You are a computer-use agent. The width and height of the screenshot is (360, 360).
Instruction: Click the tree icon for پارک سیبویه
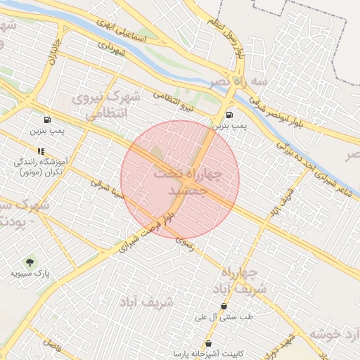coord(29,262)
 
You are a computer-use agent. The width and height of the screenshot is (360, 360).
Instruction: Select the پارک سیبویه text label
coord(29,272)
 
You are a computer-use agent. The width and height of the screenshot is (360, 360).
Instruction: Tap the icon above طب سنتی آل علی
coord(224,307)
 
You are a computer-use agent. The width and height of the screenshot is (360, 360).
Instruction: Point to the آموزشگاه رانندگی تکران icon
coord(41,151)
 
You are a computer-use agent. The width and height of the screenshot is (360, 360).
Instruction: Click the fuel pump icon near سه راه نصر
coord(230,115)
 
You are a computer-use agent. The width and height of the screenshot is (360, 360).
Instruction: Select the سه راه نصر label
coord(243,82)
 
